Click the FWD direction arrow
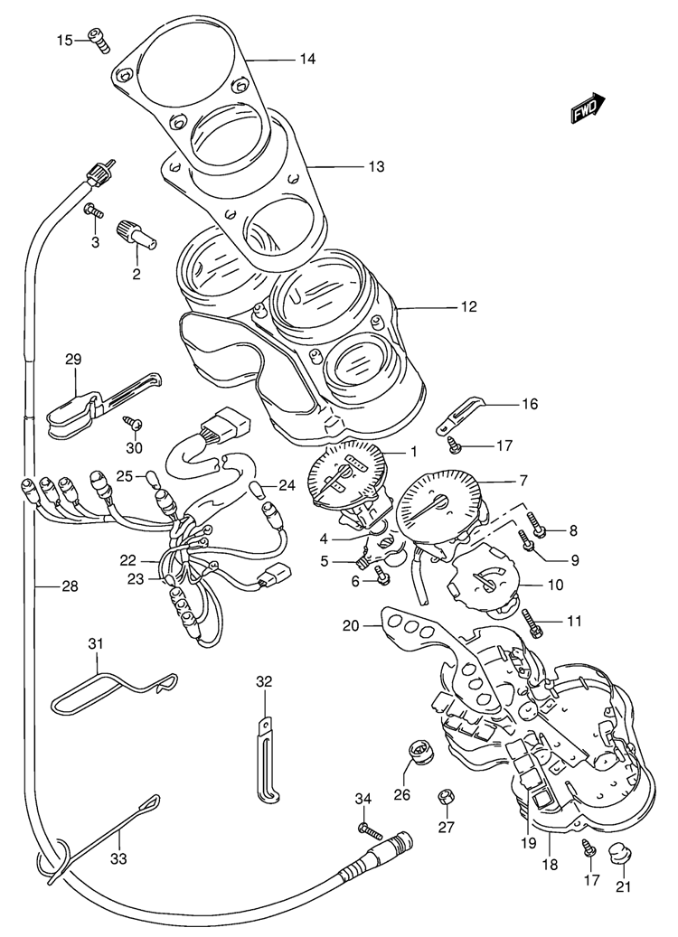[x=588, y=108]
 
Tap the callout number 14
[x=308, y=60]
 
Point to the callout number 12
[x=467, y=307]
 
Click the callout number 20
[x=351, y=624]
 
